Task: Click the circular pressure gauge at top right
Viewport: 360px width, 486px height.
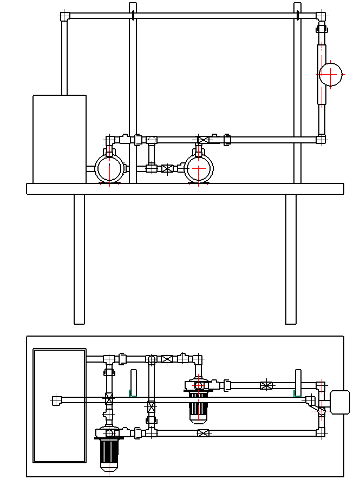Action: tap(331, 74)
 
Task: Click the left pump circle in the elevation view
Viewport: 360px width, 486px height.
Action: tap(110, 168)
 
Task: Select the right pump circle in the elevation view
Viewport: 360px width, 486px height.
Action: tap(199, 169)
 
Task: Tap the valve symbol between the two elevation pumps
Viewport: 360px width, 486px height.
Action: tap(168, 168)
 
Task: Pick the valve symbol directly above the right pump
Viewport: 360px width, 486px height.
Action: tap(203, 140)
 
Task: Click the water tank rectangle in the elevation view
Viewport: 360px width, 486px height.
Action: tap(60, 139)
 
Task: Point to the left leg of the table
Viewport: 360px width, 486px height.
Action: tap(80, 259)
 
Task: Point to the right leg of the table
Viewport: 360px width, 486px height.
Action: tap(291, 259)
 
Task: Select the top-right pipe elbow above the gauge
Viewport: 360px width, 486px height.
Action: tap(322, 16)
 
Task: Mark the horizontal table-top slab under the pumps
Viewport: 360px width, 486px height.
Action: tap(185, 189)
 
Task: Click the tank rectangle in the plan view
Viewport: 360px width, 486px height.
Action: tap(60, 405)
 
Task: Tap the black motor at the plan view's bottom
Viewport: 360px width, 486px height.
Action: tap(109, 453)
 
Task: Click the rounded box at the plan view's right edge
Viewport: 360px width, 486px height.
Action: tap(340, 402)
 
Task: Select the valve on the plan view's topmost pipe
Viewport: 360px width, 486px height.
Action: tap(167, 359)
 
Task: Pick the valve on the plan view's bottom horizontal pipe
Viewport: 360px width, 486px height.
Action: tap(203, 433)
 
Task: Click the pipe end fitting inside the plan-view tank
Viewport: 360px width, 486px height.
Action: tap(56, 400)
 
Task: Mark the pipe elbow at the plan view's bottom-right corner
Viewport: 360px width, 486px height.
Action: tap(322, 432)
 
